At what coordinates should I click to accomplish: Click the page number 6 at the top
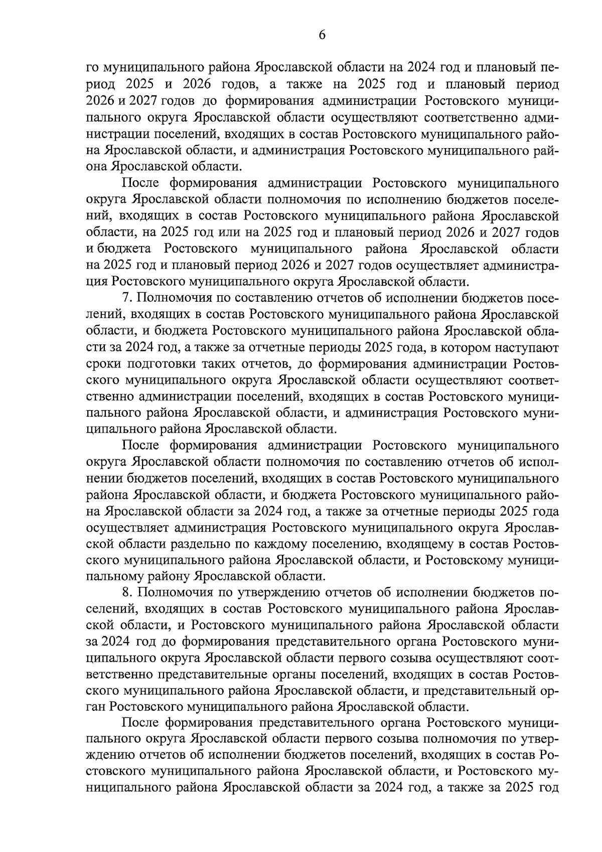322,35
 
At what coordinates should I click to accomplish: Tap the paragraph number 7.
126,298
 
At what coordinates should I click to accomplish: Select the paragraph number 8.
126,592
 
